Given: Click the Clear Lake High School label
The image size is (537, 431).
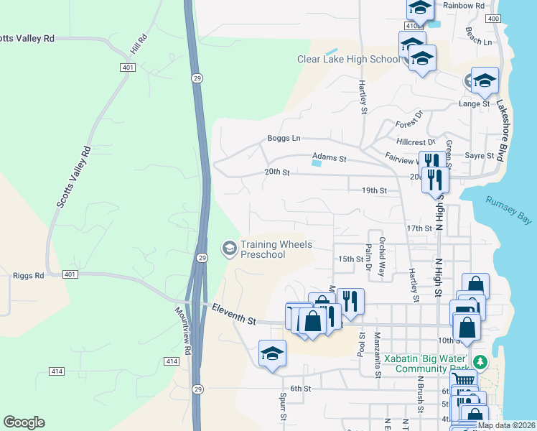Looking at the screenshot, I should click(x=348, y=59).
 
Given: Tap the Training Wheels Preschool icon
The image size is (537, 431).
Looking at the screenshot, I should click(x=229, y=249).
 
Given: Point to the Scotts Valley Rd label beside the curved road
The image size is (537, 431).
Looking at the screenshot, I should click(x=73, y=177).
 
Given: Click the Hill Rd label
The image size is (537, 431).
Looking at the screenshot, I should click(x=139, y=46).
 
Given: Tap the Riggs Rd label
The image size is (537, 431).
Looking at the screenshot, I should click(x=28, y=275).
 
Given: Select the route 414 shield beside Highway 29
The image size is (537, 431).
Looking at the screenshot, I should click(x=171, y=361).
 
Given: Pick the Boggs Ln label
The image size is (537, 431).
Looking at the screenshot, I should click(x=284, y=138).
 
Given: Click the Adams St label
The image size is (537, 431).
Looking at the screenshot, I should click(x=329, y=157).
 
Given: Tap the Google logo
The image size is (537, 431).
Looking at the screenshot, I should click(x=24, y=422).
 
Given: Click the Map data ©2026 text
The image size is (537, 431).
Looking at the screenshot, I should click(x=505, y=425).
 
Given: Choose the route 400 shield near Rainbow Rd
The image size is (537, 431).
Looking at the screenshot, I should click(x=492, y=18).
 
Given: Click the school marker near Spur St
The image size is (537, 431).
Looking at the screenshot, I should click(x=273, y=354).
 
